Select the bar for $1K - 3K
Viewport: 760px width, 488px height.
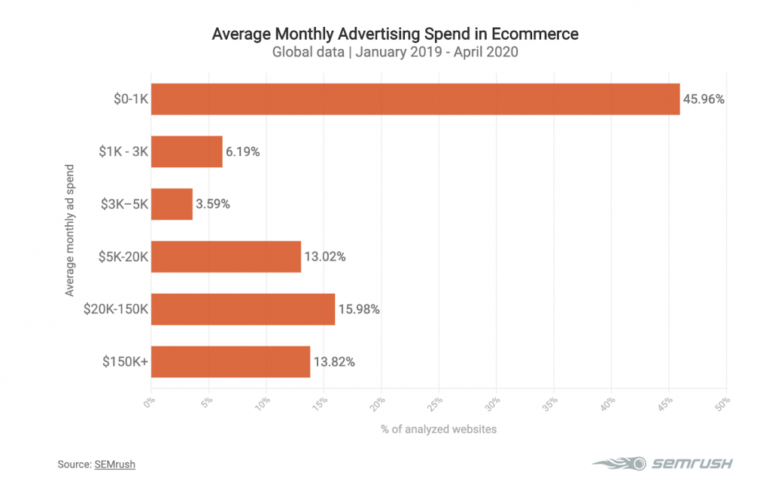click(187, 151)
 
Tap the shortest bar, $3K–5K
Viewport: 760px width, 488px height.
click(172, 204)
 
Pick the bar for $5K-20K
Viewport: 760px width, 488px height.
click(226, 257)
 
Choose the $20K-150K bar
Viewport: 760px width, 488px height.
click(243, 310)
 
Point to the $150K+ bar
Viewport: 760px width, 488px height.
click(230, 361)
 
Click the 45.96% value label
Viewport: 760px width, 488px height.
click(704, 99)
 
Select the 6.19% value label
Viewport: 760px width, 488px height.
click(242, 151)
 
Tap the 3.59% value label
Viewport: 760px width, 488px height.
click(213, 204)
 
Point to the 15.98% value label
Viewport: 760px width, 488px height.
click(359, 310)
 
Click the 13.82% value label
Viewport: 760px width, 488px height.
click(334, 361)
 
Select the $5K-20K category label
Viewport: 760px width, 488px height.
click(123, 257)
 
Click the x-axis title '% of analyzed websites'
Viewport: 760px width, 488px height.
click(439, 429)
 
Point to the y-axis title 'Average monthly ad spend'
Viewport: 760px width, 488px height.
click(70, 230)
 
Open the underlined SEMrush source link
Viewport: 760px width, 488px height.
click(115, 465)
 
